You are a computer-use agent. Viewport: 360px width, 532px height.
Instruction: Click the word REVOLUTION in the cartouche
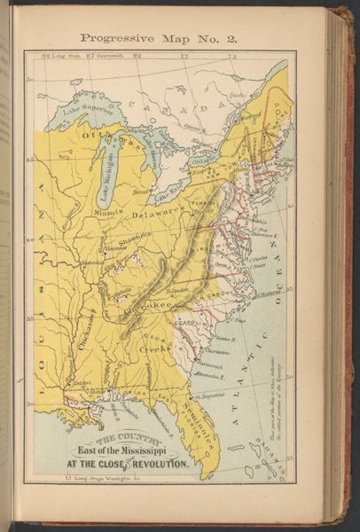click(x=160, y=465)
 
